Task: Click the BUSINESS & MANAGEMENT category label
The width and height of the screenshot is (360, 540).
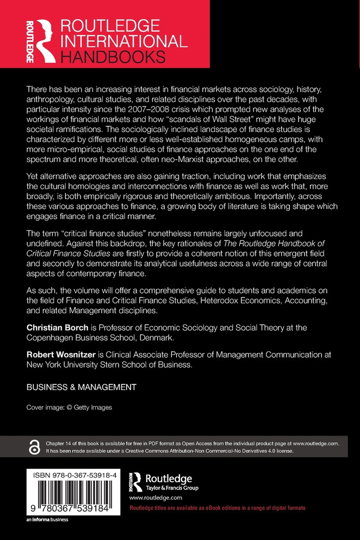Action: [x=81, y=387]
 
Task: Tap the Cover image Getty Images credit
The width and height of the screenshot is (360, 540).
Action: [x=69, y=407]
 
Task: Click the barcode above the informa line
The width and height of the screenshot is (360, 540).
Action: [x=75, y=498]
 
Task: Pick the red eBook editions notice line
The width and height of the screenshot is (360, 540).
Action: [x=217, y=507]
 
